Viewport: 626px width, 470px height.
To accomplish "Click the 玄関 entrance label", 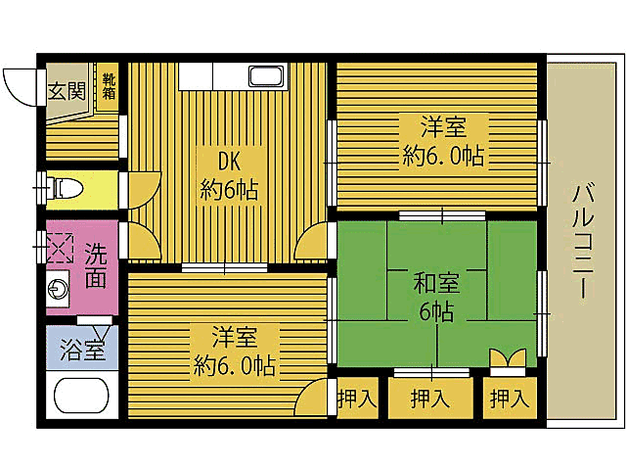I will tap(67, 90).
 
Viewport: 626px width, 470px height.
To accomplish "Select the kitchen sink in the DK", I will tap(266, 75).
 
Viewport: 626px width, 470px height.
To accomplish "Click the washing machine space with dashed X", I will tap(59, 249).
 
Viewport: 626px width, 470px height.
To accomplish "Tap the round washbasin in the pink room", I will tap(57, 292).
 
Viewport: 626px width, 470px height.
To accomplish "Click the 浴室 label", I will tap(81, 350).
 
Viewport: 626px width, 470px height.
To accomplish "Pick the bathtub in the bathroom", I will tap(83, 398).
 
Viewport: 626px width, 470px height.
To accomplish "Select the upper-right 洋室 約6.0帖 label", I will tap(443, 141).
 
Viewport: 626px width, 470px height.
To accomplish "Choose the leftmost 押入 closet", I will tap(356, 399).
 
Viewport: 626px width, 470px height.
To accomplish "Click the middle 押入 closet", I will tap(429, 399).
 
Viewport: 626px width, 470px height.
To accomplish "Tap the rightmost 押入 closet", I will tap(509, 399).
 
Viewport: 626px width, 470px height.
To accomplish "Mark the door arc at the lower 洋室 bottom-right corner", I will tap(313, 397).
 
